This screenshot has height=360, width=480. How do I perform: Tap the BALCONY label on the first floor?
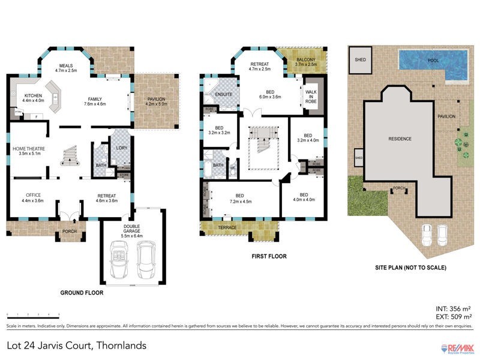(307, 61)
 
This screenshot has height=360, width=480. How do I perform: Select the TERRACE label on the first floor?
(227, 228)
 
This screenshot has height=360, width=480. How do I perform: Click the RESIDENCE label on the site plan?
(400, 139)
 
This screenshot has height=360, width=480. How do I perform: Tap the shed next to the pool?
(361, 60)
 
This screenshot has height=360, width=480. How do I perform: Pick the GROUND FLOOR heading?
(82, 293)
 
